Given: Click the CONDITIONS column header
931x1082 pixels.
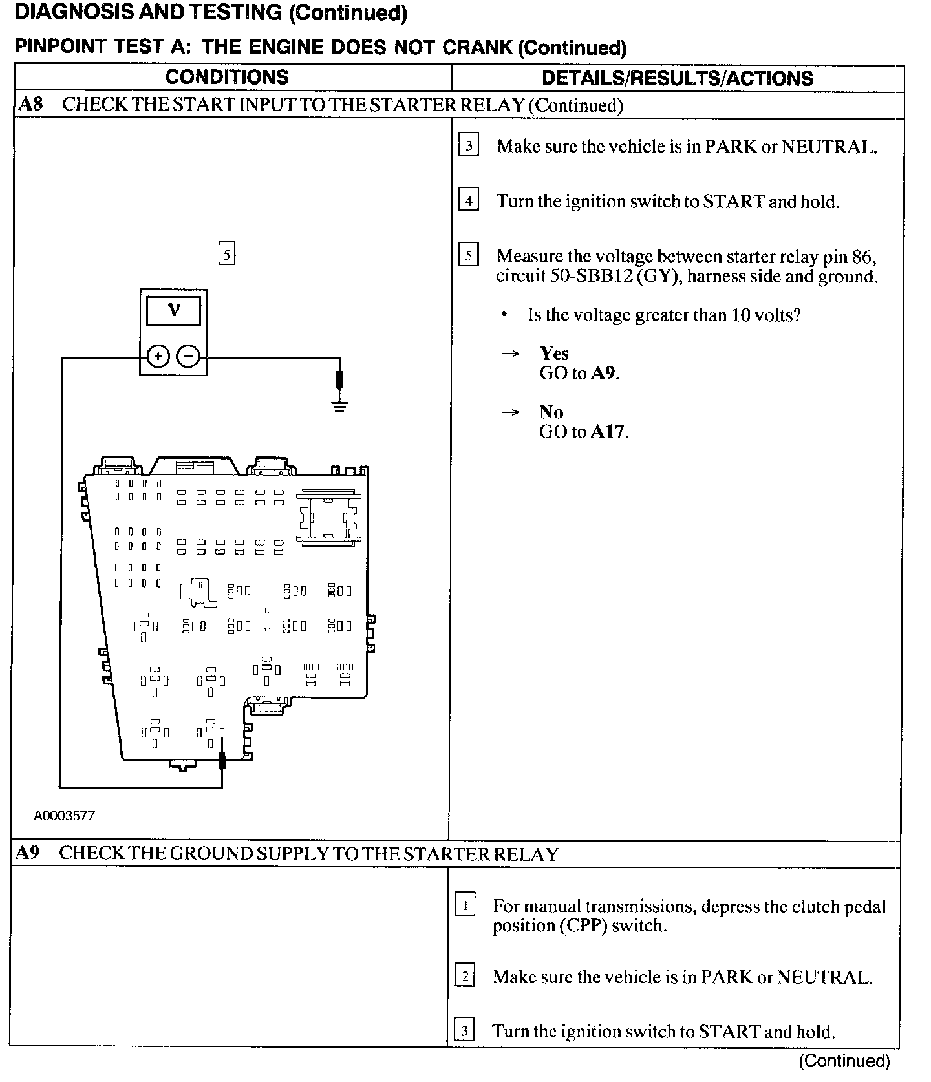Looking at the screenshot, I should click(227, 77).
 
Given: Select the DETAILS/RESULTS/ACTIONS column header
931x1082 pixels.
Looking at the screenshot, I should click(677, 78).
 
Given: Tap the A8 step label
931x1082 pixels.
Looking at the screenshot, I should click(30, 104).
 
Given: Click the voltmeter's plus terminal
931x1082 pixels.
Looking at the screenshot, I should click(158, 356).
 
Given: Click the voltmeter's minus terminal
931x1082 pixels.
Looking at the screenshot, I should click(189, 356).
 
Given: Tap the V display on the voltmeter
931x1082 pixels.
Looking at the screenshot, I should click(173, 311).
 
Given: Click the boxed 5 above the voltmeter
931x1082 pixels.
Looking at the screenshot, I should click(226, 254).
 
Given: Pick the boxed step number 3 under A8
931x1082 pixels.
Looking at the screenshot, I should click(469, 145).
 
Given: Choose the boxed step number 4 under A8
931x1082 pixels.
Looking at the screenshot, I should click(469, 200).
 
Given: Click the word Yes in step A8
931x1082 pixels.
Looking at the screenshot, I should click(554, 354).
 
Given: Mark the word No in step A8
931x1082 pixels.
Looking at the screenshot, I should click(551, 412).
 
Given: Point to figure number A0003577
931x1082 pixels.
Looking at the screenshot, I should click(64, 816).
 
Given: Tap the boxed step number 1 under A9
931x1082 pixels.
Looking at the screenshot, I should click(465, 906).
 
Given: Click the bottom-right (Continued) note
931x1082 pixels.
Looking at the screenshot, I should click(844, 1061).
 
